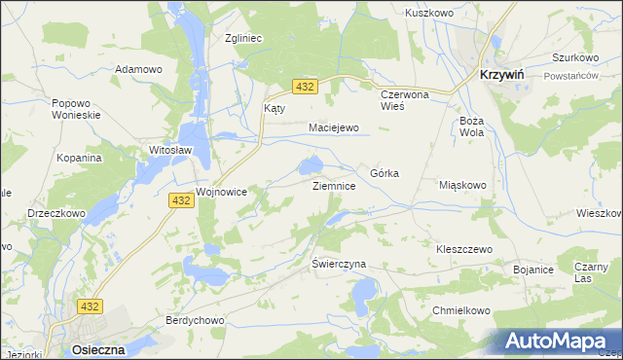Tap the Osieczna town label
tap(97, 349)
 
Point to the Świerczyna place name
tap(338, 264)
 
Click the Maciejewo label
tap(334, 127)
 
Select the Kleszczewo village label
tap(464, 249)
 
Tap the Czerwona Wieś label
tap(405, 100)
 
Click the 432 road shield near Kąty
tap(305, 88)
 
